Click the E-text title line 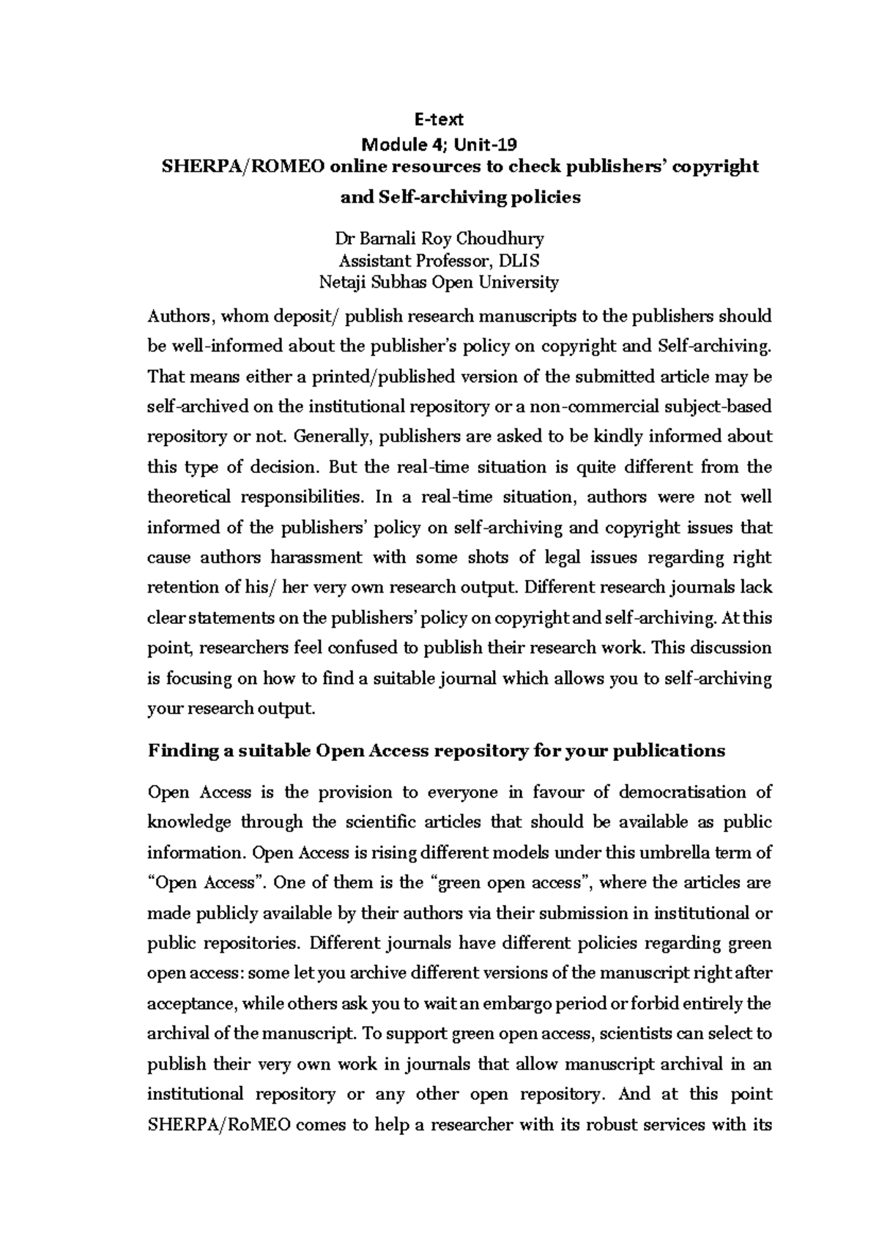[x=439, y=119]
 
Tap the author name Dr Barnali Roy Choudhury [x=439, y=239]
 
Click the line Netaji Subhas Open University [x=439, y=282]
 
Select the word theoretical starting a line [x=183, y=497]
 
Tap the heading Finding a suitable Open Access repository [x=437, y=751]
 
